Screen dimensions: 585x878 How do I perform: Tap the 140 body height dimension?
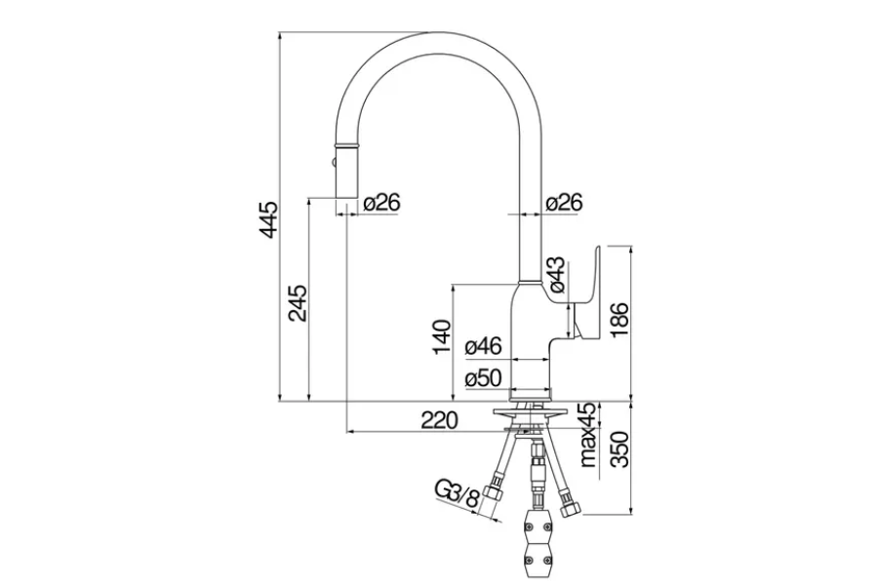click(442, 337)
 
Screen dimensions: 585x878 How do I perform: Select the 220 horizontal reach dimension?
click(439, 421)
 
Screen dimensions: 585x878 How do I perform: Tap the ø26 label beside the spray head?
click(380, 203)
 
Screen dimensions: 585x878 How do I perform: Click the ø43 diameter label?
click(554, 275)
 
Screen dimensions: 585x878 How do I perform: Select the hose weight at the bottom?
click(537, 541)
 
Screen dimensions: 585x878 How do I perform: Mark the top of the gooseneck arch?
click(436, 36)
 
